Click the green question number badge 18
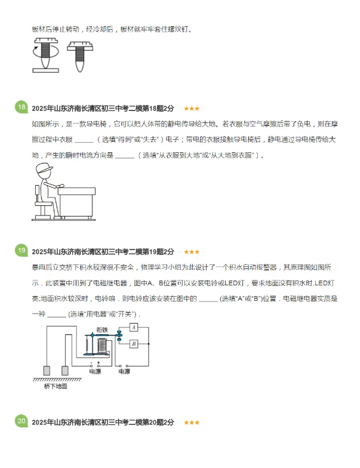(x=21, y=107)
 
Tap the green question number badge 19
(x=21, y=251)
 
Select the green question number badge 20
(x=21, y=421)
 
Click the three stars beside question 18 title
(x=192, y=109)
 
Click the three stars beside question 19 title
(x=192, y=252)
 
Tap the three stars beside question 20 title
(x=192, y=423)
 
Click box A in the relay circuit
(x=134, y=327)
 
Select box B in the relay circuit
(x=134, y=343)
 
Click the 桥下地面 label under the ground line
(x=56, y=386)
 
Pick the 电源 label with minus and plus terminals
(x=95, y=371)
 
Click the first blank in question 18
(x=85, y=141)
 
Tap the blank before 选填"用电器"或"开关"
(x=56, y=314)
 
